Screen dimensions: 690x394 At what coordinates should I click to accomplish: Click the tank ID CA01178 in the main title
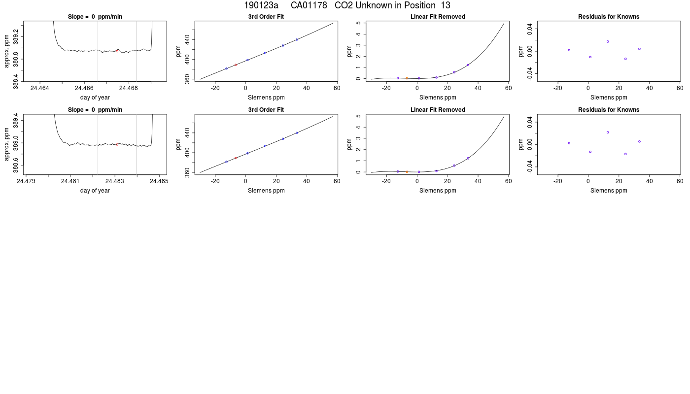pyautogui.click(x=309, y=5)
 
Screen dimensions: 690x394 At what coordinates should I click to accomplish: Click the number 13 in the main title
pyautogui.click(x=446, y=5)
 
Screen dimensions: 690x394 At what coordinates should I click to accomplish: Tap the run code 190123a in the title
pyautogui.click(x=261, y=5)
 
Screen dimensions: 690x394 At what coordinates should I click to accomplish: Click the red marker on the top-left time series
pyautogui.click(x=117, y=51)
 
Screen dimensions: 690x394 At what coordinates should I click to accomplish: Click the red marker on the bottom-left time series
pyautogui.click(x=117, y=144)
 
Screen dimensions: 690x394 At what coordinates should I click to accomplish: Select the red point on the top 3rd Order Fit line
pyautogui.click(x=236, y=65)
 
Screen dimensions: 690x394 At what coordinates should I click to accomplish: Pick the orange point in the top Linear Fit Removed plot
pyautogui.click(x=407, y=78)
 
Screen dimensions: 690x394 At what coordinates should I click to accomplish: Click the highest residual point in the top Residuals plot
pyautogui.click(x=608, y=41)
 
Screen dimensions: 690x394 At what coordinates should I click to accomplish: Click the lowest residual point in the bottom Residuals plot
pyautogui.click(x=625, y=154)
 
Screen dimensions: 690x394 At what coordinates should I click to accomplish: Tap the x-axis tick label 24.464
pyautogui.click(x=40, y=88)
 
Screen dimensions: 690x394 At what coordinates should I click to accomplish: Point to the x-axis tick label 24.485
pyautogui.click(x=159, y=181)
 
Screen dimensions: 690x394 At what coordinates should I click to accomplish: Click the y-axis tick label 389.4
pyautogui.click(x=15, y=120)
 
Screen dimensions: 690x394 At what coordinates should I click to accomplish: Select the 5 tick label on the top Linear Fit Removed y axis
pyautogui.click(x=358, y=23)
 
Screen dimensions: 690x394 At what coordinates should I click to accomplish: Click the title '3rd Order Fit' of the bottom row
pyautogui.click(x=266, y=110)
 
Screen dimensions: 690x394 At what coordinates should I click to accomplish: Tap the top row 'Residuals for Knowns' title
pyautogui.click(x=609, y=17)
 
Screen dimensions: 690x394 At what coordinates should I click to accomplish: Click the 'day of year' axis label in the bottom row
pyautogui.click(x=95, y=191)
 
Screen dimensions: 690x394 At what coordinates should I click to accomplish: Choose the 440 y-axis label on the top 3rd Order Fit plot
pyautogui.click(x=187, y=40)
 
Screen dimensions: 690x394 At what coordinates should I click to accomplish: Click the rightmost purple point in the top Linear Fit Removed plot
pyautogui.click(x=468, y=65)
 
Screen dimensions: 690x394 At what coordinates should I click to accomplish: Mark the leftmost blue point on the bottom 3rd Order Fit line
pyautogui.click(x=226, y=162)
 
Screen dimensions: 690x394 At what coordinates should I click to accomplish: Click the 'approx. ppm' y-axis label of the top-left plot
pyautogui.click(x=7, y=51)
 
